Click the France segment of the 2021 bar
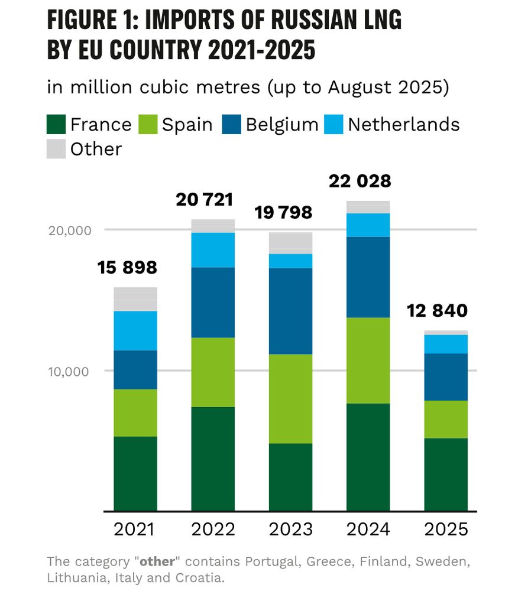[x=135, y=473]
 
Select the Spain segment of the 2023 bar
[x=290, y=398]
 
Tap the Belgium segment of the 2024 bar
[x=368, y=277]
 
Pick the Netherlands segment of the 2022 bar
[x=213, y=249]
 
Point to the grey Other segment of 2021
[x=135, y=299]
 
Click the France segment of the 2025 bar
[x=446, y=474]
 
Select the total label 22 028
[x=361, y=181]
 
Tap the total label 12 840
[x=438, y=310]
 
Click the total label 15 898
[x=128, y=268]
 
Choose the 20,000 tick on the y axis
[x=69, y=230]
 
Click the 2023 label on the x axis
[x=290, y=529]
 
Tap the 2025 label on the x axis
[x=446, y=529]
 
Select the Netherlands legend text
[x=403, y=125]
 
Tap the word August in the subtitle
[x=354, y=87]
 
